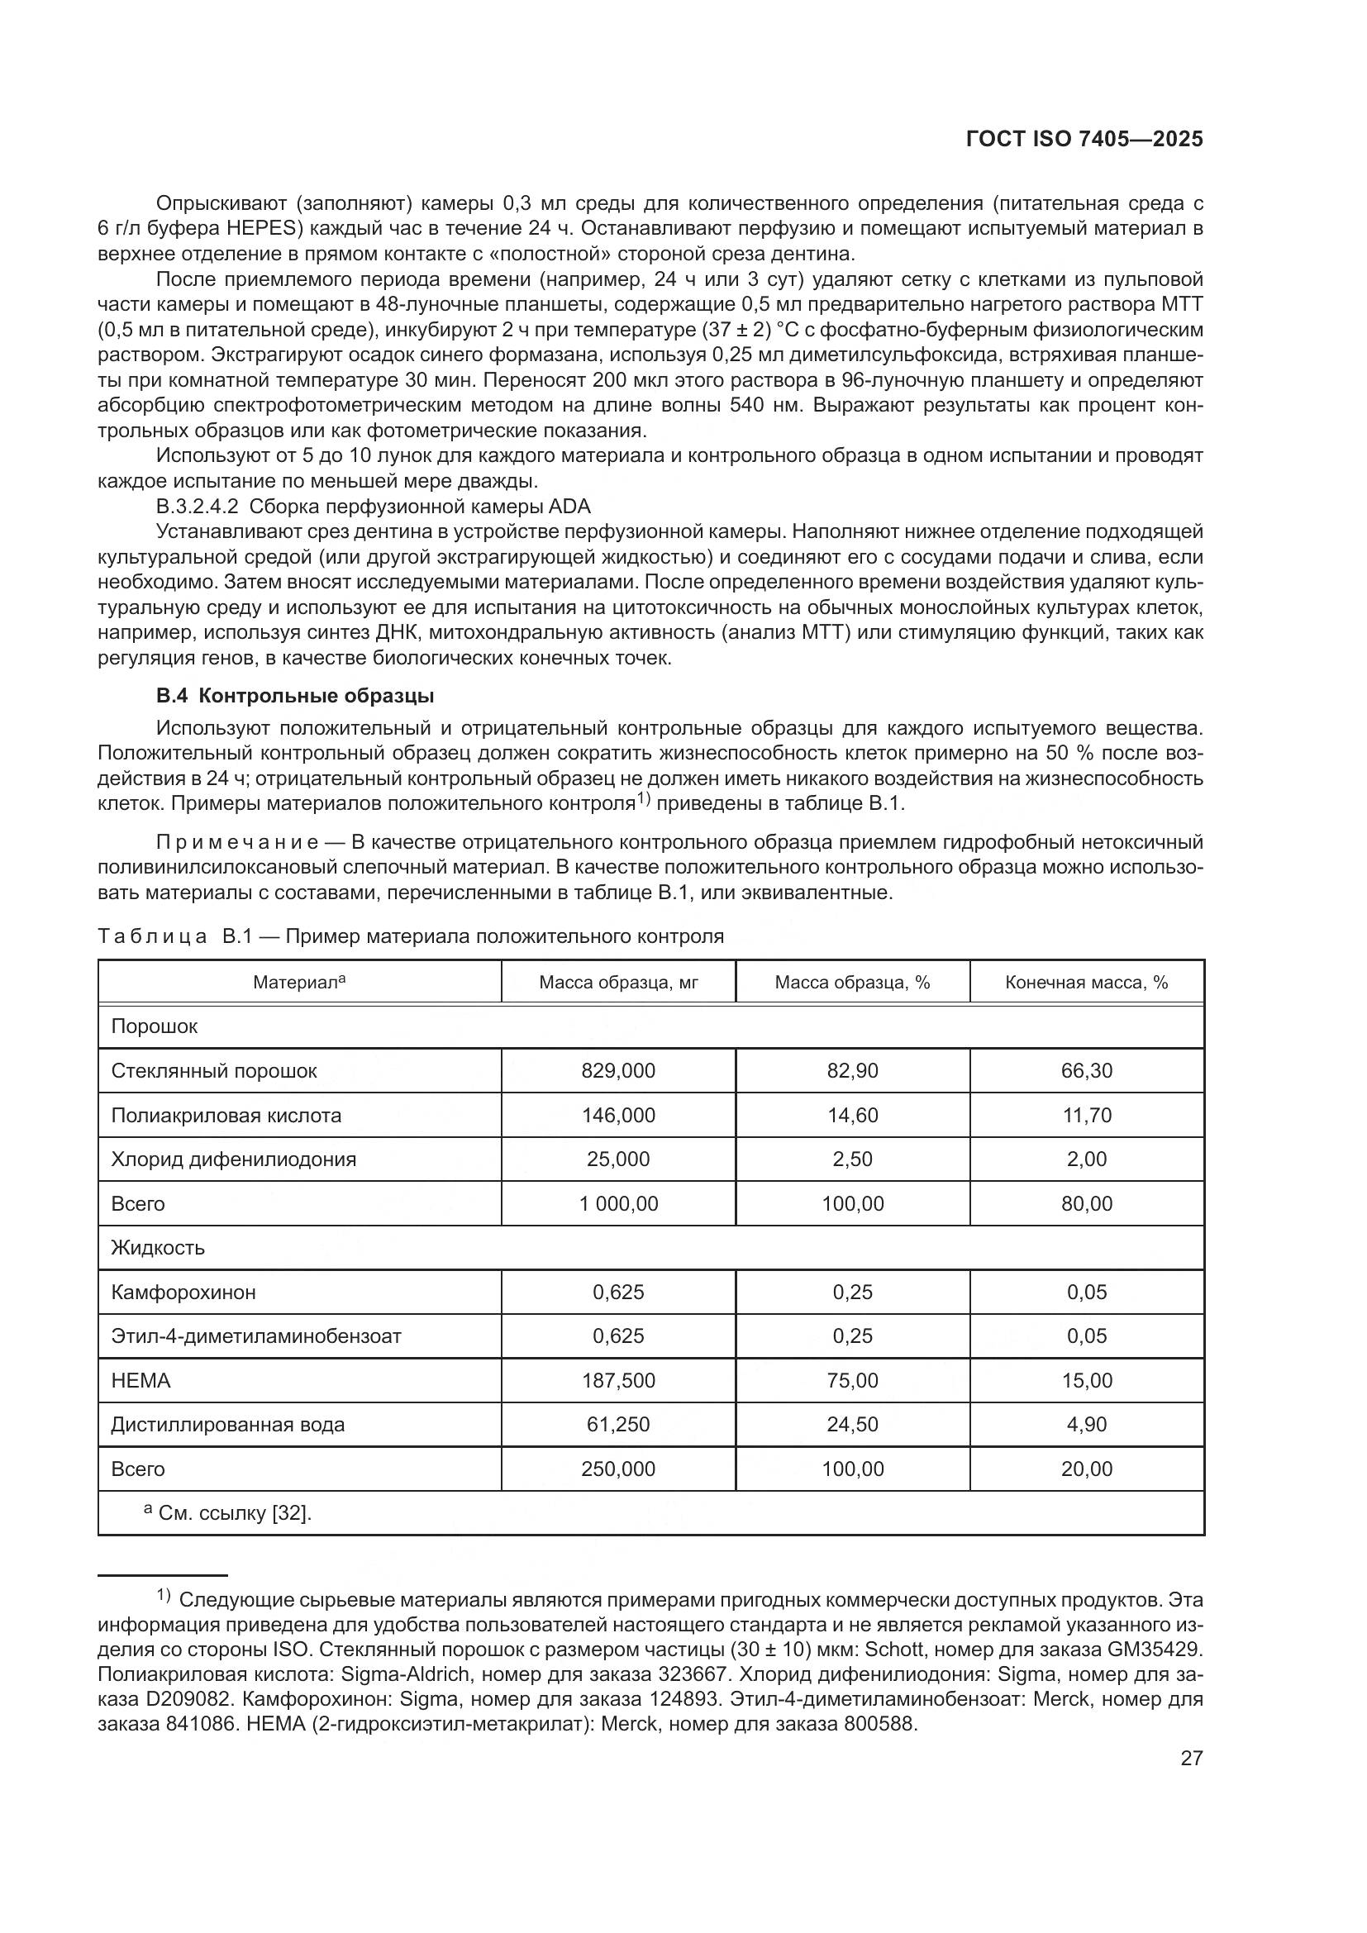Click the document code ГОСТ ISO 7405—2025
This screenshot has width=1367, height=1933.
click(x=1084, y=139)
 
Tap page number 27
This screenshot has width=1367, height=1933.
click(x=1191, y=1758)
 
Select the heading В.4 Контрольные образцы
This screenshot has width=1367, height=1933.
click(x=294, y=696)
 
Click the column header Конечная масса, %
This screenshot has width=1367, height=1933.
click(x=1086, y=983)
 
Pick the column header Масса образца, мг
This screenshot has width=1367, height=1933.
click(x=618, y=983)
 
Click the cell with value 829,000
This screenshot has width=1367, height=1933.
click(x=618, y=1071)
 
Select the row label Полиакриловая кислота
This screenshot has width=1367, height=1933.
click(x=226, y=1116)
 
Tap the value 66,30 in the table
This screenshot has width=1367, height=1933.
click(x=1086, y=1071)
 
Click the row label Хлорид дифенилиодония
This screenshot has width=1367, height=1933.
click(x=233, y=1159)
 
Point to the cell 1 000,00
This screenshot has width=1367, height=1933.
click(x=618, y=1204)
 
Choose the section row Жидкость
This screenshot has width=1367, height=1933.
click(x=157, y=1248)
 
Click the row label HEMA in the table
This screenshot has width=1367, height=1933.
click(x=141, y=1381)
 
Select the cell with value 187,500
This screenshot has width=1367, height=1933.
click(x=618, y=1381)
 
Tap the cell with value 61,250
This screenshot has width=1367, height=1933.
click(x=618, y=1425)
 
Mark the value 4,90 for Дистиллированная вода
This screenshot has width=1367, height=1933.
click(x=1086, y=1425)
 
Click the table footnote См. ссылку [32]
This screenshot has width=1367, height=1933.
click(x=234, y=1514)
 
